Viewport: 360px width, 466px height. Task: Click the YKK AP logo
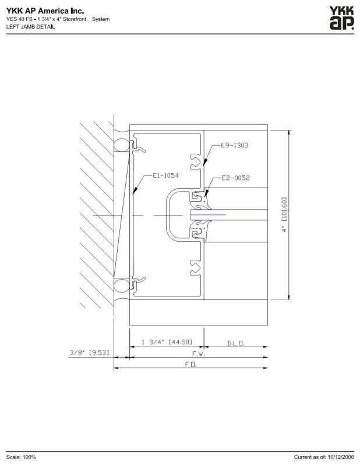coord(341,19)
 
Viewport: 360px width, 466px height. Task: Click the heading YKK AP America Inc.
coord(45,11)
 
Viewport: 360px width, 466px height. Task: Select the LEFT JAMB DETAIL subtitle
coord(30,26)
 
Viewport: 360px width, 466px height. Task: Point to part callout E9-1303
coord(235,145)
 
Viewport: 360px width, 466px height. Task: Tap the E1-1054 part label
coord(165,175)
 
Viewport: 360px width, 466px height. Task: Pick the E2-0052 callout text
coord(235,178)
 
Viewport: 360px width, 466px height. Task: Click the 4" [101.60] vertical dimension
coord(284,214)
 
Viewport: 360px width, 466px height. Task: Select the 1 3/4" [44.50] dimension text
coord(167,342)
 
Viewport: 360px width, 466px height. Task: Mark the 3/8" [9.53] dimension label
coord(90,353)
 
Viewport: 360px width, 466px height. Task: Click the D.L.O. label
coord(236,343)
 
